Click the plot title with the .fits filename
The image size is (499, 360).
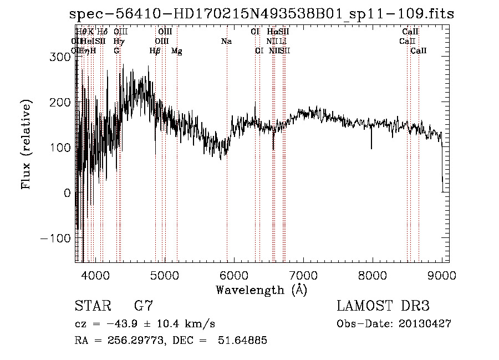point(262,14)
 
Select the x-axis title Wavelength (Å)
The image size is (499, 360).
point(261,290)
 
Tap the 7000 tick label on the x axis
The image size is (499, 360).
point(303,275)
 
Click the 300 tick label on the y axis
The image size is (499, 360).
point(63,57)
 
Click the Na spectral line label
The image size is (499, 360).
point(226,42)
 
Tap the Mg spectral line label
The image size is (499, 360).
point(177,51)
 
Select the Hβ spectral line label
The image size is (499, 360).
point(155,51)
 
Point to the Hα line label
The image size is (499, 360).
point(272,32)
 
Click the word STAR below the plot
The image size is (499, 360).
point(92,306)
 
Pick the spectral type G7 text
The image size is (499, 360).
point(143,306)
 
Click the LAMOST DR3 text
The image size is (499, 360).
point(383,306)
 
